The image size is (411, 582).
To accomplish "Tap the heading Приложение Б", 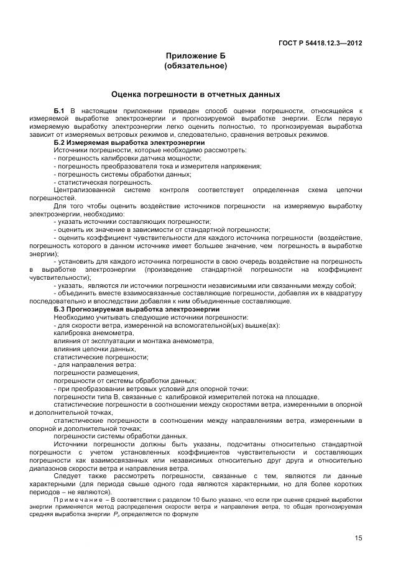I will tap(195, 55).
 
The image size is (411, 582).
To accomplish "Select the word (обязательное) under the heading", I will tap(195, 65).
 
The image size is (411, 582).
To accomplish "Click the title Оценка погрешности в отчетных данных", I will tap(195, 95).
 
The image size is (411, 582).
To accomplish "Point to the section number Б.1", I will tap(60, 110).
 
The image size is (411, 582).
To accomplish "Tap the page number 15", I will tap(358, 538).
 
